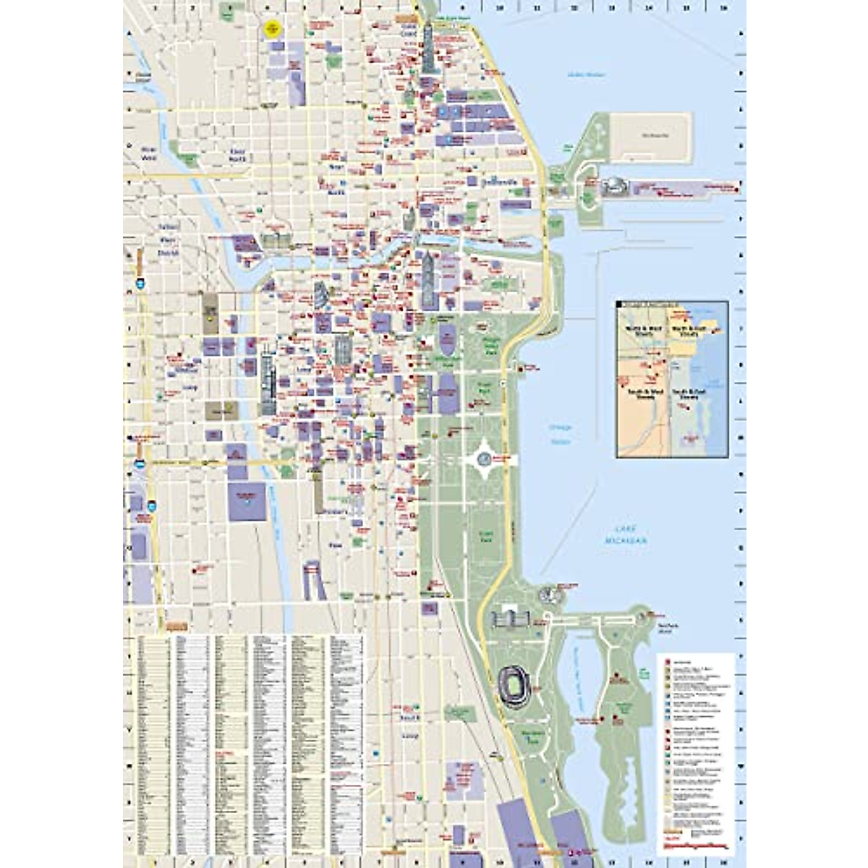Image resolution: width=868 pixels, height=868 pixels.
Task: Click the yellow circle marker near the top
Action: coord(272,28)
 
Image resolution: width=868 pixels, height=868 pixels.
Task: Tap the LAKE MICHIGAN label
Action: coord(626,536)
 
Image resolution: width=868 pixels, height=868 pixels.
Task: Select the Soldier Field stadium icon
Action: coord(514,683)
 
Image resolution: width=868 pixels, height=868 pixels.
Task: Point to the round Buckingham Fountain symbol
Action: coord(484,457)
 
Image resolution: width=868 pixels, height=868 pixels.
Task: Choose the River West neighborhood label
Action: coord(148,152)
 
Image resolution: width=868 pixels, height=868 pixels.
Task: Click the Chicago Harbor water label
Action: coord(559,433)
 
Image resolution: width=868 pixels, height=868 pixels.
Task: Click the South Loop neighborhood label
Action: coord(410,726)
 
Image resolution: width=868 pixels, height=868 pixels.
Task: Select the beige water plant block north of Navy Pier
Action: coord(650,137)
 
